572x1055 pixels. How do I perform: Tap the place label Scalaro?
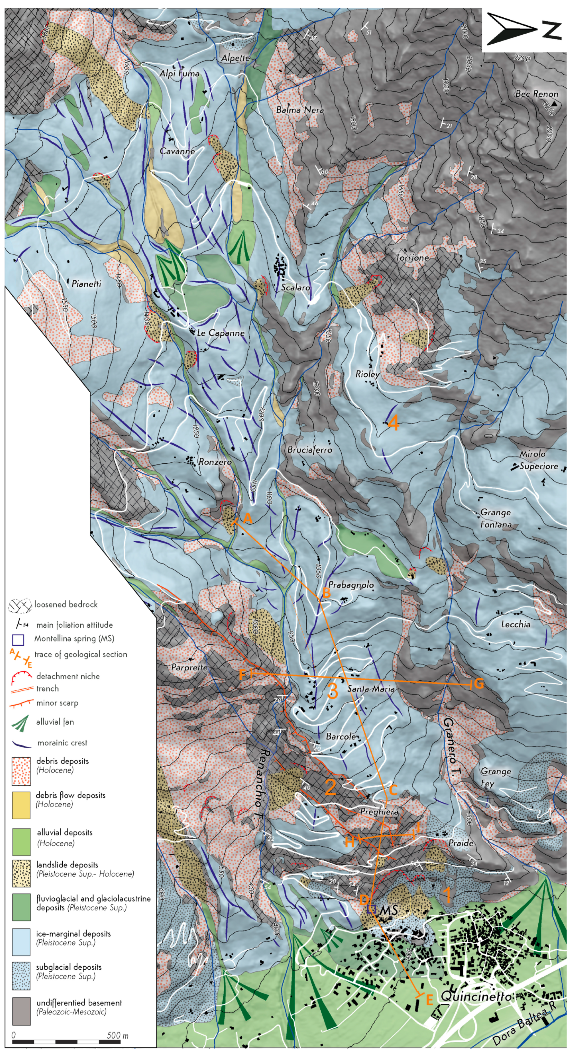(295, 288)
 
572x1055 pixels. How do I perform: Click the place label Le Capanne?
(221, 333)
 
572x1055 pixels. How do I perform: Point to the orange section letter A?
(248, 518)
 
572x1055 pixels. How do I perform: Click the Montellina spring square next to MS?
(372, 909)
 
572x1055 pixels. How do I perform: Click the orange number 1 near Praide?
(448, 895)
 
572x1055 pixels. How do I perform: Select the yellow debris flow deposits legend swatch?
(21, 805)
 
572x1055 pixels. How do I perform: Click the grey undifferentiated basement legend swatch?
(21, 1011)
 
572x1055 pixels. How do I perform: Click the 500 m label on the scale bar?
(117, 1035)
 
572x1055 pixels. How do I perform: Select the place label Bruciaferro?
(310, 450)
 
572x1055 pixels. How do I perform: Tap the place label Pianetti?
(86, 284)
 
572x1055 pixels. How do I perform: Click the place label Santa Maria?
(371, 689)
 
